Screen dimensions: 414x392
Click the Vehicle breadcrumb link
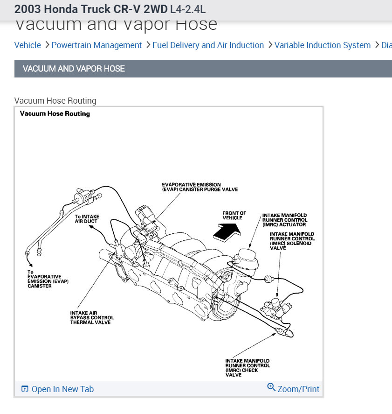point(28,45)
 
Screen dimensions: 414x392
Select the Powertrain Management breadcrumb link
point(96,45)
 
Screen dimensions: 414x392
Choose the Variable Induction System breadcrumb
point(323,45)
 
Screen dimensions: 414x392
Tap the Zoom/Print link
point(298,389)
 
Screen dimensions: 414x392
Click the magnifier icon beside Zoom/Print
point(271,387)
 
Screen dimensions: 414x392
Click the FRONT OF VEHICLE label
point(234,216)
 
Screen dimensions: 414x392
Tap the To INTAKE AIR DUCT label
point(87,219)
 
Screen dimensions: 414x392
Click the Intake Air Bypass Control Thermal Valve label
point(92,317)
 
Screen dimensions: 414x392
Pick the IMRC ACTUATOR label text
point(284,220)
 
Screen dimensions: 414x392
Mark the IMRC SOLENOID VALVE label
point(291,241)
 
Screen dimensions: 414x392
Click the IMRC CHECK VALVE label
point(247,368)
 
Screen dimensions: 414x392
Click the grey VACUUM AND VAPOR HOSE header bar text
point(74,69)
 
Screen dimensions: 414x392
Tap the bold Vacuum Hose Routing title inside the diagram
point(55,113)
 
